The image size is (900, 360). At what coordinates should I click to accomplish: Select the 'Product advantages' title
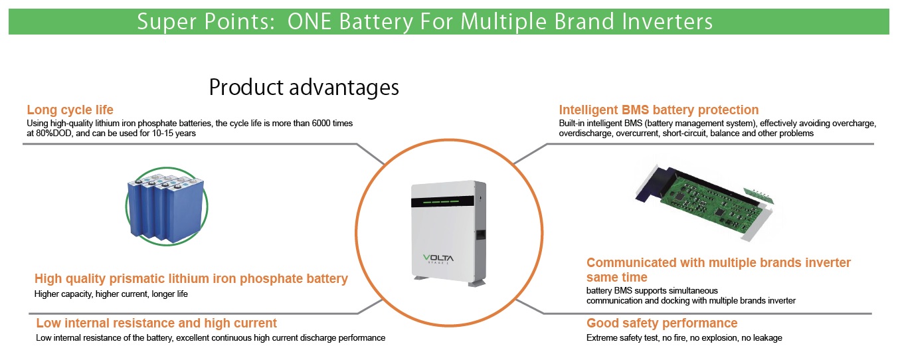click(x=304, y=87)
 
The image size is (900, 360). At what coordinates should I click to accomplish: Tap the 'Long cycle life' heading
click(x=70, y=110)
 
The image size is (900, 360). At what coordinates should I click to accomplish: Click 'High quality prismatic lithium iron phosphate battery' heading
click(x=191, y=279)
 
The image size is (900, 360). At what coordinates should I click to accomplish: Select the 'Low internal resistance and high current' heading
click(x=156, y=323)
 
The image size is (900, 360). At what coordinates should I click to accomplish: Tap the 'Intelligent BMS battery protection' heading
click(x=658, y=110)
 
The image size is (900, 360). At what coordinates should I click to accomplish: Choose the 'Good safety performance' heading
click(x=662, y=323)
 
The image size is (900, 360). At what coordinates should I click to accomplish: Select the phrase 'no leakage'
click(x=761, y=338)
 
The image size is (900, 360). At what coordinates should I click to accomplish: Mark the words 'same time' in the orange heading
click(x=616, y=277)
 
